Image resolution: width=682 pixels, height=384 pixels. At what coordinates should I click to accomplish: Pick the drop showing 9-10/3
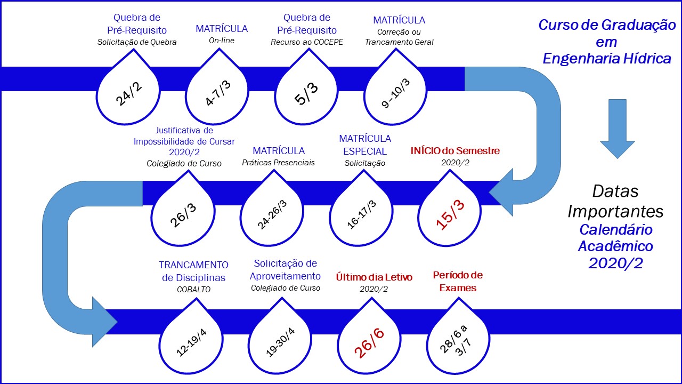pyautogui.click(x=395, y=92)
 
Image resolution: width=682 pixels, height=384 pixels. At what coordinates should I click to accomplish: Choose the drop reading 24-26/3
pyautogui.click(x=272, y=213)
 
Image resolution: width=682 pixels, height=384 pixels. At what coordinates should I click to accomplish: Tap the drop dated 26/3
pyautogui.click(x=183, y=213)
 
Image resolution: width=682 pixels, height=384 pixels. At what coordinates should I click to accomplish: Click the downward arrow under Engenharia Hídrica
pyautogui.click(x=618, y=128)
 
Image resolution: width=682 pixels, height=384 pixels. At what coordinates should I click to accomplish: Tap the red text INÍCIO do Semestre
pyautogui.click(x=455, y=151)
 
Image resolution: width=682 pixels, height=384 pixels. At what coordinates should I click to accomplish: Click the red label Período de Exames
pyautogui.click(x=458, y=281)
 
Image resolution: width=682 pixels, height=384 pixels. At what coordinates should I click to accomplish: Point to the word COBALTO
pyautogui.click(x=194, y=290)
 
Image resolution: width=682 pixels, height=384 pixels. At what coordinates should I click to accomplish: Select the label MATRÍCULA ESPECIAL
pyautogui.click(x=365, y=144)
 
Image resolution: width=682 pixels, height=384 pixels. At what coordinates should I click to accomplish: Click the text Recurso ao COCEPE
pyautogui.click(x=306, y=42)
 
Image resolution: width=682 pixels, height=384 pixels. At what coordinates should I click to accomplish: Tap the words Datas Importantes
pyautogui.click(x=615, y=201)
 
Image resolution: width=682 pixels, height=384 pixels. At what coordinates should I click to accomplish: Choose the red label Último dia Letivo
pyautogui.click(x=374, y=277)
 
